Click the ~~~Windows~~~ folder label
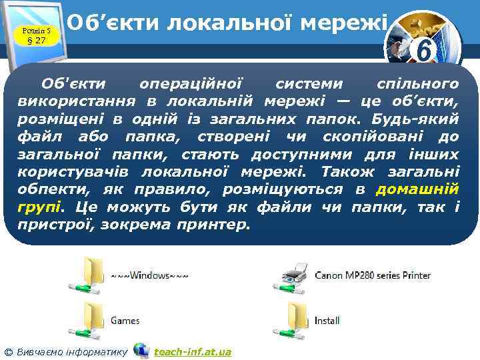pyautogui.click(x=149, y=275)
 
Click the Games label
pyautogui.click(x=125, y=321)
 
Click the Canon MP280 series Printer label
pyautogui.click(x=372, y=275)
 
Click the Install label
pyautogui.click(x=327, y=321)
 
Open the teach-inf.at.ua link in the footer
pyautogui.click(x=192, y=351)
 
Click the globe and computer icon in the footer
pyautogui.click(x=141, y=350)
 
